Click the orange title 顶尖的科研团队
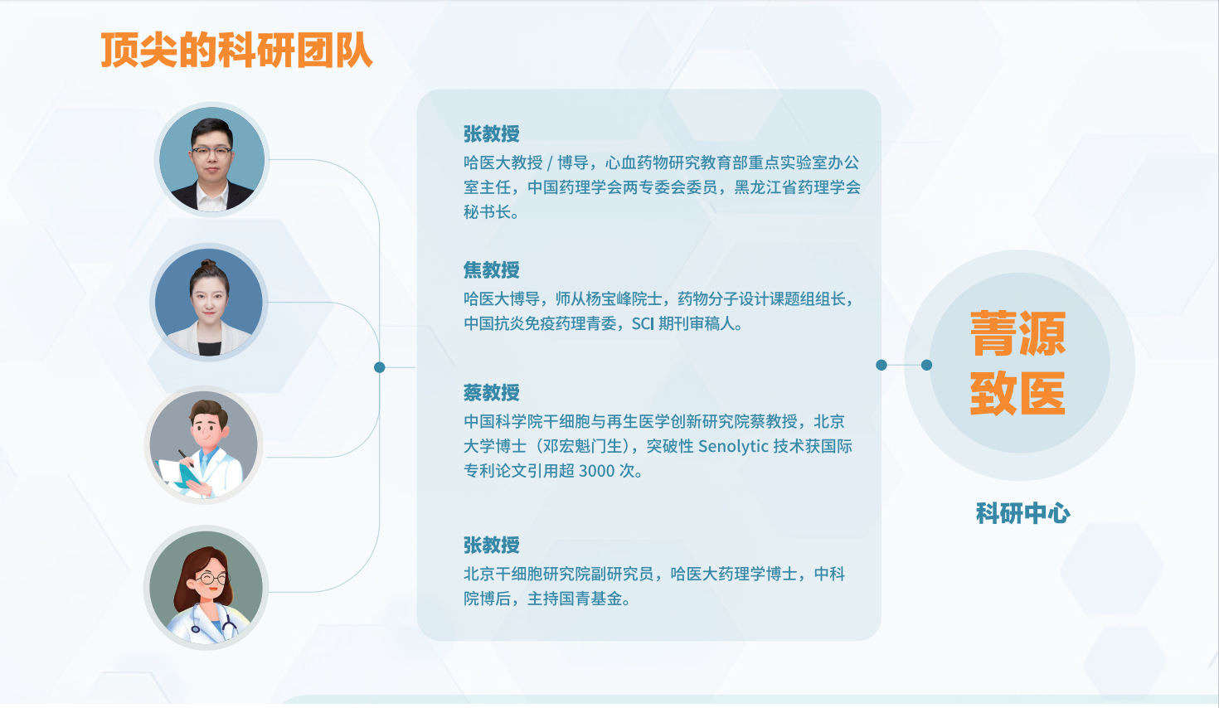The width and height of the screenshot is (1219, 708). pyautogui.click(x=236, y=50)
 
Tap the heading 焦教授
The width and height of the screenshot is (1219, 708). pyautogui.click(x=492, y=270)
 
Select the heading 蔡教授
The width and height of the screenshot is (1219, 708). pyautogui.click(x=492, y=392)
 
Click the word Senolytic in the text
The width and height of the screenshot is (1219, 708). pyautogui.click(x=733, y=447)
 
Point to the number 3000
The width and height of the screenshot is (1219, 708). pyautogui.click(x=596, y=471)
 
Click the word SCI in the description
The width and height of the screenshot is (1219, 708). pyautogui.click(x=642, y=324)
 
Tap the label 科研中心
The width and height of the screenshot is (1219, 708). pyautogui.click(x=1023, y=513)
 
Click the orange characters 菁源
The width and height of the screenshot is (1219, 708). pyautogui.click(x=1017, y=333)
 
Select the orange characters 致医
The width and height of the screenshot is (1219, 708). pyautogui.click(x=1017, y=393)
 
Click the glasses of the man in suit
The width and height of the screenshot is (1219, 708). pyautogui.click(x=211, y=153)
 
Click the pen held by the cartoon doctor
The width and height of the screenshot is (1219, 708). pyautogui.click(x=186, y=458)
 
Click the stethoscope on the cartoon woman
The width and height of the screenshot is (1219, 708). pyautogui.click(x=213, y=623)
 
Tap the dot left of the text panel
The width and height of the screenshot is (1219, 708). pyautogui.click(x=380, y=367)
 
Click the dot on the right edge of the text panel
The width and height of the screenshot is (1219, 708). pyautogui.click(x=881, y=365)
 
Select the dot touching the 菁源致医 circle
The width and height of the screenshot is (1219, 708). pyautogui.click(x=927, y=365)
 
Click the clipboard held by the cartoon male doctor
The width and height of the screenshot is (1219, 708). pyautogui.click(x=177, y=473)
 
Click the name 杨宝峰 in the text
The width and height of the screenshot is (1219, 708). pyautogui.click(x=610, y=299)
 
